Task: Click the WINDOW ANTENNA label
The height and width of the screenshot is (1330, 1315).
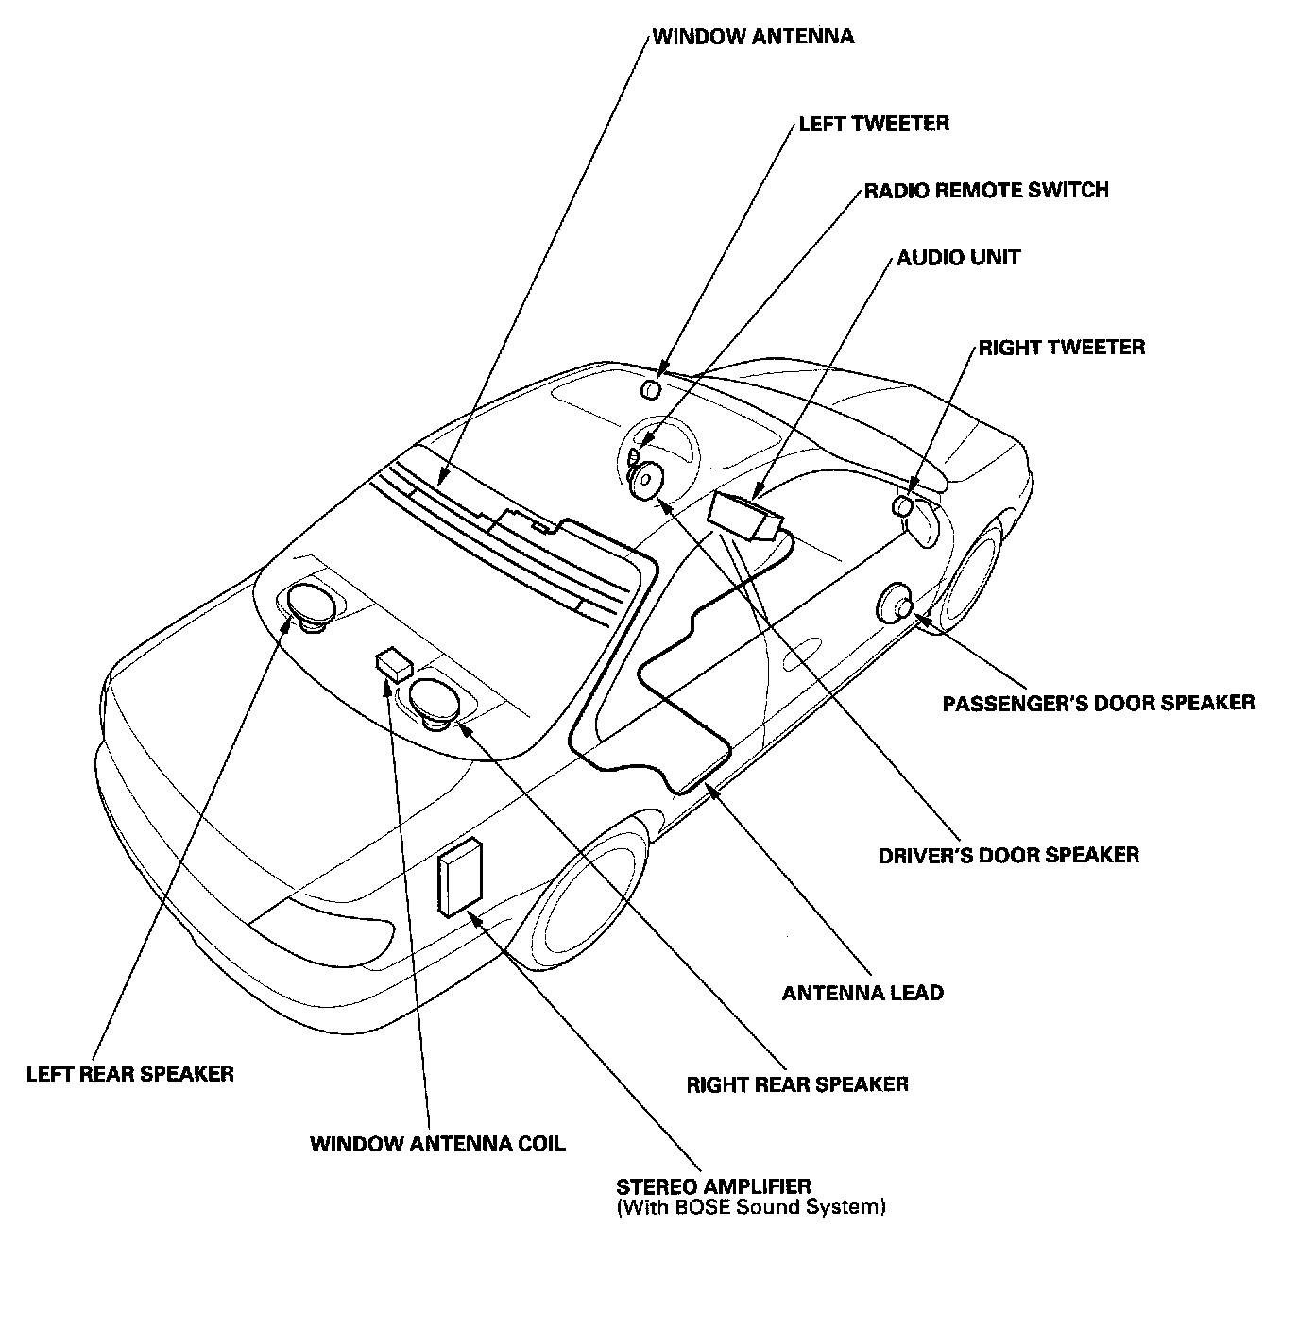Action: pyautogui.click(x=753, y=37)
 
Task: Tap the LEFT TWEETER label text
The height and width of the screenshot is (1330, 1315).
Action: pyautogui.click(x=874, y=124)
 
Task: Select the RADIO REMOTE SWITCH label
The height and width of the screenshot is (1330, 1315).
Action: pyautogui.click(x=986, y=191)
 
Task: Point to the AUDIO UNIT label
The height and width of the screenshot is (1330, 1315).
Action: pyautogui.click(x=959, y=258)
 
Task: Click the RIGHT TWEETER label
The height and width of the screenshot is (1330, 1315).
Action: pyautogui.click(x=1061, y=348)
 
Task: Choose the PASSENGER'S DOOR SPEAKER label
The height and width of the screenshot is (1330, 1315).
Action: pyautogui.click(x=1099, y=703)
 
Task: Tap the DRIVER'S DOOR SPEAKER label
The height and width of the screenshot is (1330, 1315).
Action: pyautogui.click(x=1009, y=855)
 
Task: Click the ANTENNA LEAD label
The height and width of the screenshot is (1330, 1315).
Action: pyautogui.click(x=862, y=993)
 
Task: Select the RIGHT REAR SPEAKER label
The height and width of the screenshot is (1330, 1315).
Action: pyautogui.click(x=797, y=1084)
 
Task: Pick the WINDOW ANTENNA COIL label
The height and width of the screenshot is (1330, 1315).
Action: pyautogui.click(x=437, y=1144)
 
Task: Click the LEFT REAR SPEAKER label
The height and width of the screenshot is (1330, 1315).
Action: pyautogui.click(x=130, y=1074)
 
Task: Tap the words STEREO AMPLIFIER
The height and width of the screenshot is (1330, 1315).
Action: pyautogui.click(x=713, y=1187)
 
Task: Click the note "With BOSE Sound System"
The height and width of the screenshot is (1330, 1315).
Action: pyautogui.click(x=751, y=1207)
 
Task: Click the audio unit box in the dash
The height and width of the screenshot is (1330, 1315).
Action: pyautogui.click(x=744, y=516)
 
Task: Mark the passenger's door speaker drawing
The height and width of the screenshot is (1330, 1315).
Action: pyautogui.click(x=896, y=604)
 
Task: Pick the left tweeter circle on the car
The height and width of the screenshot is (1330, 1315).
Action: pyautogui.click(x=651, y=390)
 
